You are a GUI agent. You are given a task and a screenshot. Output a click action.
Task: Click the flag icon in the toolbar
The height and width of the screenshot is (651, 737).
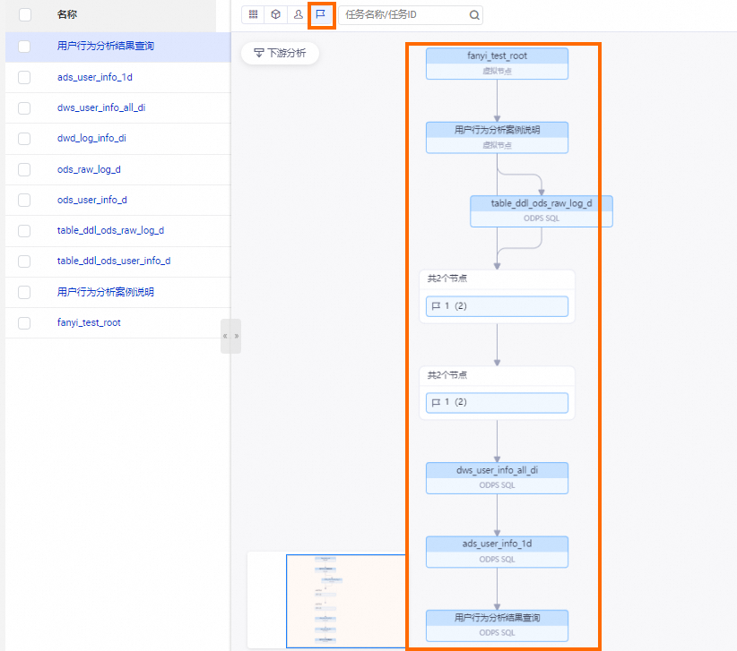click(321, 14)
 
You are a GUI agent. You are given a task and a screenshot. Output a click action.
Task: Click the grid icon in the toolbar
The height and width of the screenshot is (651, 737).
click(253, 14)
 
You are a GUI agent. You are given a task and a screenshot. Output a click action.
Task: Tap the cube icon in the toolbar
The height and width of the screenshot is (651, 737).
click(275, 14)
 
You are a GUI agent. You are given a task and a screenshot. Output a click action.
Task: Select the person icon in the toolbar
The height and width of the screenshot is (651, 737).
click(298, 14)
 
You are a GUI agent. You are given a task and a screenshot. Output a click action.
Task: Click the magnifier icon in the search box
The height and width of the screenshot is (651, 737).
click(473, 15)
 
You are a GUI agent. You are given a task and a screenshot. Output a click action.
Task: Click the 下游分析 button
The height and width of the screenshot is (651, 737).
click(280, 54)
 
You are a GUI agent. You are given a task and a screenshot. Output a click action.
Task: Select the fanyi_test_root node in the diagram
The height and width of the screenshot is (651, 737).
click(497, 63)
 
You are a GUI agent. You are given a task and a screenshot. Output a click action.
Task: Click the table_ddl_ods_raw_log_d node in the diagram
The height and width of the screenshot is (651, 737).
click(542, 210)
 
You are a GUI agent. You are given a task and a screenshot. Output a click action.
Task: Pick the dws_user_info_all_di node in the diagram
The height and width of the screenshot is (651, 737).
click(497, 477)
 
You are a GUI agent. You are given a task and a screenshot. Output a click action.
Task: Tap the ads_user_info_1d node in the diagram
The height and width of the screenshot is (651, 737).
click(497, 551)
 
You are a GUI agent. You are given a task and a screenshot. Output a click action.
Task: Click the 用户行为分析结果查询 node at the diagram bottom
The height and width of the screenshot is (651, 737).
click(497, 625)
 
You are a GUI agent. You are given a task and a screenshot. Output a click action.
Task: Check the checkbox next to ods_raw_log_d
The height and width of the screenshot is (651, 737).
click(24, 169)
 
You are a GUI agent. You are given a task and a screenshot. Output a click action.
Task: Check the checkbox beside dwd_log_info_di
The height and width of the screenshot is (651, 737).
click(24, 139)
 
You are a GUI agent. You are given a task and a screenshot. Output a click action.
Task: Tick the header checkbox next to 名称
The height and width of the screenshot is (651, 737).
click(24, 14)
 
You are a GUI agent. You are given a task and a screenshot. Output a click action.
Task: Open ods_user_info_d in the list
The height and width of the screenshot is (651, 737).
click(91, 200)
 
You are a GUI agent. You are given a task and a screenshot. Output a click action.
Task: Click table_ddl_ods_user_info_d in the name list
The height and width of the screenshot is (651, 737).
click(113, 261)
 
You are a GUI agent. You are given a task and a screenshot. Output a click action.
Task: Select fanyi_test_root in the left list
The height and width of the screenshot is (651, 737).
click(89, 322)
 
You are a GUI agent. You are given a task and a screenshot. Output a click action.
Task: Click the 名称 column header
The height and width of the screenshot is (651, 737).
click(66, 14)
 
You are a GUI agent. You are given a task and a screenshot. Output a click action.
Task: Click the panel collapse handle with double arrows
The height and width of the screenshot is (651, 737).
click(230, 336)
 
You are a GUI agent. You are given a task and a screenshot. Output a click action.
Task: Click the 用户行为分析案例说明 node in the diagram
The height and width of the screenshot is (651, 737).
click(497, 137)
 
